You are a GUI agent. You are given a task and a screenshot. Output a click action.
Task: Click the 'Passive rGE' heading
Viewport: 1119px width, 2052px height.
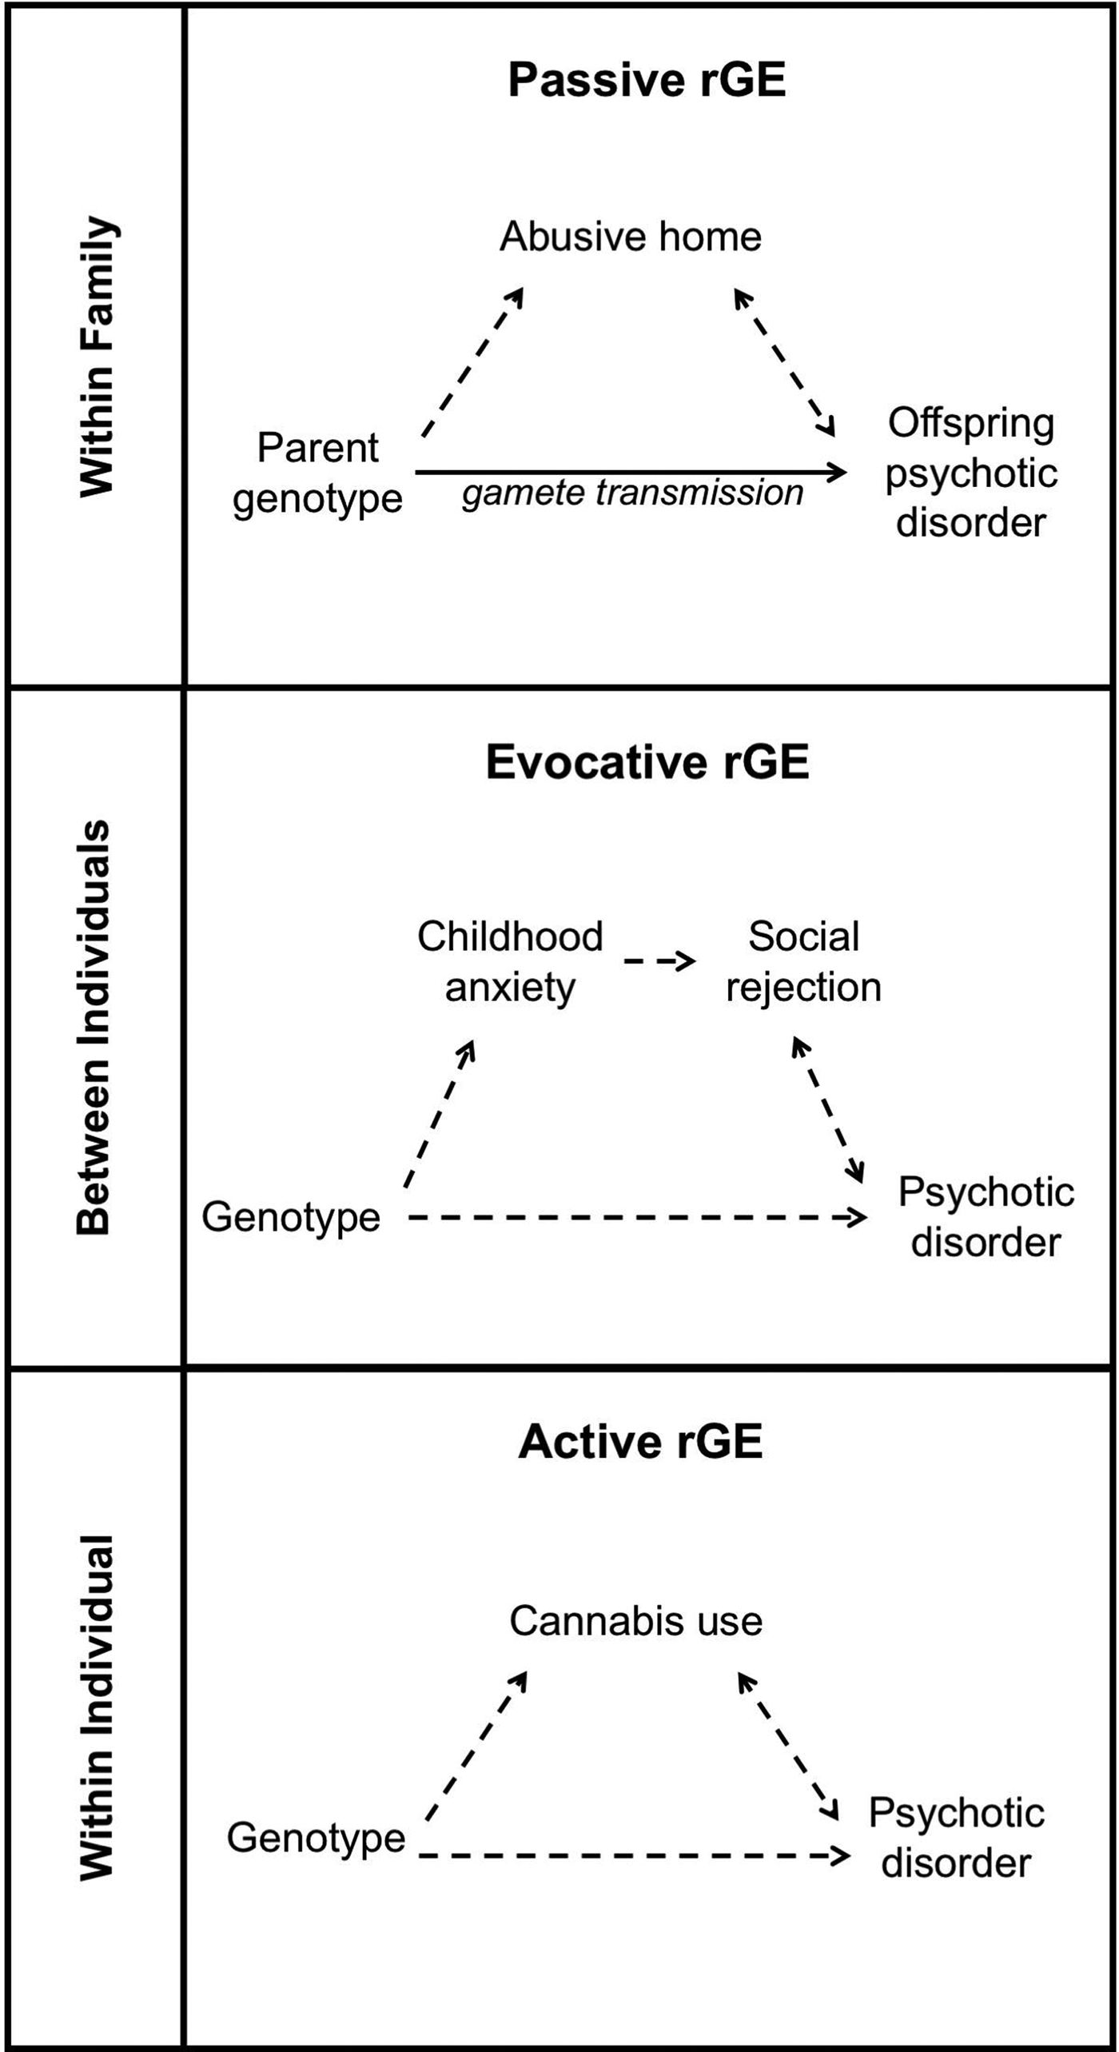pyautogui.click(x=647, y=80)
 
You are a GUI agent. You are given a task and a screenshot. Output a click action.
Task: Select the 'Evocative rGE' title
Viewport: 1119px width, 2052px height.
pyautogui.click(x=647, y=761)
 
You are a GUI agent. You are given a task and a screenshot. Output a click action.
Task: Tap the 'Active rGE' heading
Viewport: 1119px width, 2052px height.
pyautogui.click(x=640, y=1441)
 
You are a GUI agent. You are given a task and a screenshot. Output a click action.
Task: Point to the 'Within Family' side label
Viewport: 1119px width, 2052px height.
pyautogui.click(x=98, y=357)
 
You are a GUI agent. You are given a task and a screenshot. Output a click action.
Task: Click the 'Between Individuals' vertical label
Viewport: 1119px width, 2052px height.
pyautogui.click(x=94, y=1027)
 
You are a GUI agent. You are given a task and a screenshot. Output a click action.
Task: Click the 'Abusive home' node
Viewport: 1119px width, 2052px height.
pyautogui.click(x=631, y=237)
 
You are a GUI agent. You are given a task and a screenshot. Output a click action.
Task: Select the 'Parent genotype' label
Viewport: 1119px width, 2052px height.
pyautogui.click(x=317, y=473)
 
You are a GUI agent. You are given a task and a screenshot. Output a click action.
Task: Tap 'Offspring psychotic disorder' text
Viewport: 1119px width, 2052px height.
pyautogui.click(x=971, y=473)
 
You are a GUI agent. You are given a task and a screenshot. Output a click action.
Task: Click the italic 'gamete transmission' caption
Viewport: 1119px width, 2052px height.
pyautogui.click(x=632, y=493)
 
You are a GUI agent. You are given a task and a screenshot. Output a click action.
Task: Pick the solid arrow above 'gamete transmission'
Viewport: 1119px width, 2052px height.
pyautogui.click(x=631, y=472)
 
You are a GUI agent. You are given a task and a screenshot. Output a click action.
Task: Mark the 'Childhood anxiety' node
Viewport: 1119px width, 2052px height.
pyautogui.click(x=510, y=961)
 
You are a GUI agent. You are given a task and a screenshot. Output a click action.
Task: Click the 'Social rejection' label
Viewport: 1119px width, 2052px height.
pyautogui.click(x=803, y=961)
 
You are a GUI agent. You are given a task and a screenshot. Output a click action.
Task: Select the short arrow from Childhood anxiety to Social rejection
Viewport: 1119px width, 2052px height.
pyautogui.click(x=660, y=960)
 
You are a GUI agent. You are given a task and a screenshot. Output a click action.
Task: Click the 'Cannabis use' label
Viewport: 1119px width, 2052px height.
pyautogui.click(x=636, y=1621)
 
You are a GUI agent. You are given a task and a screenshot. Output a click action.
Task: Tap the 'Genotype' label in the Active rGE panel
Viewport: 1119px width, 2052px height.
pyautogui.click(x=316, y=1837)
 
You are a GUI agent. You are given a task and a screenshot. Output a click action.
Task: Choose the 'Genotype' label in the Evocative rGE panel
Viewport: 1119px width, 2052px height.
pyautogui.click(x=291, y=1217)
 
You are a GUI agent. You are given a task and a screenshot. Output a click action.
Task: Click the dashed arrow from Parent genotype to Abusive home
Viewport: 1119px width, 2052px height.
pyautogui.click(x=472, y=362)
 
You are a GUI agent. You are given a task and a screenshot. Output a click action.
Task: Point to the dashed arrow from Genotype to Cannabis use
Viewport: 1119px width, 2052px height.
pyautogui.click(x=476, y=1746)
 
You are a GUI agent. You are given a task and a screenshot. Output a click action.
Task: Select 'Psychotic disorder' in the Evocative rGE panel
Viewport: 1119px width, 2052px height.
pyautogui.click(x=986, y=1217)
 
